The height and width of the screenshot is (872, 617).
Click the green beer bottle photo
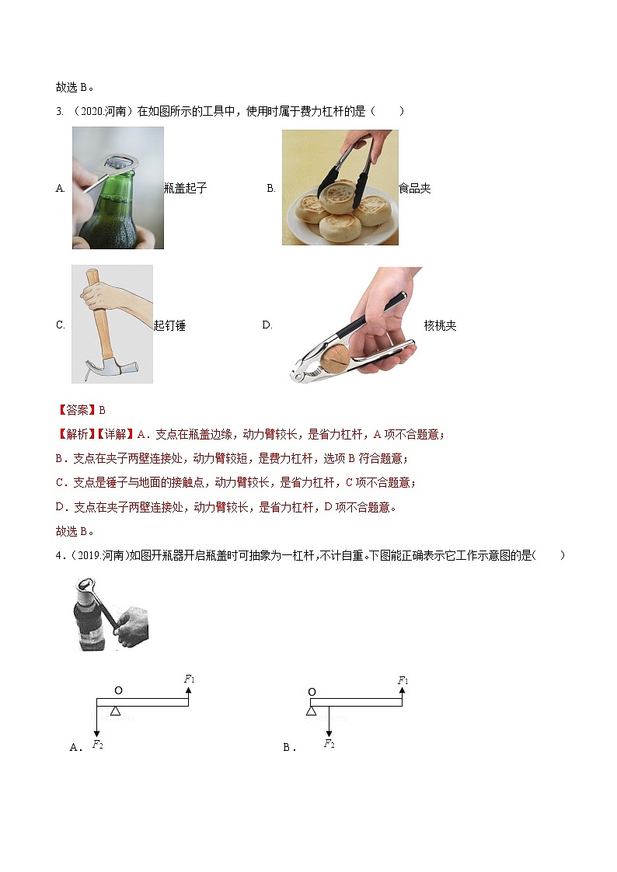point(118,188)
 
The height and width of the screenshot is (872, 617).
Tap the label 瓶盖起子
point(186,188)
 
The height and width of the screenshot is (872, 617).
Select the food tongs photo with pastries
point(340,187)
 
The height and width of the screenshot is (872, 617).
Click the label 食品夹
point(414,188)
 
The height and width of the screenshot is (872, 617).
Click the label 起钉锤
point(169,325)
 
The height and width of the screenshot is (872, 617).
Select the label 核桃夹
point(441,325)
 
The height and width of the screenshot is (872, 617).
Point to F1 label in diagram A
point(189,679)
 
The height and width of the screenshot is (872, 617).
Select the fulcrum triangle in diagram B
point(312,710)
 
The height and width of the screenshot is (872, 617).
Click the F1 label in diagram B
point(403,681)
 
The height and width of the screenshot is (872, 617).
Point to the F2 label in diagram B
point(329,744)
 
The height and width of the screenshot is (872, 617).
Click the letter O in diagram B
point(312,691)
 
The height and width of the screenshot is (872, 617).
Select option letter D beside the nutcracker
point(267,325)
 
